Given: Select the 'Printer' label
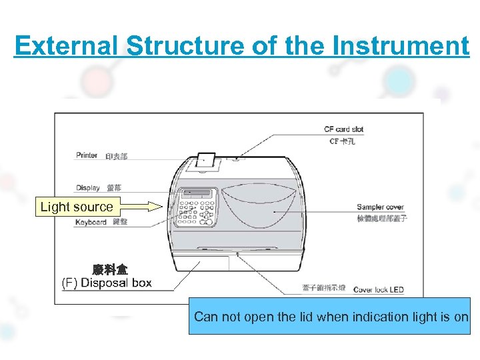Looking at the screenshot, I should pos(87,155).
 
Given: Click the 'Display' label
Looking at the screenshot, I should pos(87,188).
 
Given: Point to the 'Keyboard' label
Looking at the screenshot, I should pos(91,222).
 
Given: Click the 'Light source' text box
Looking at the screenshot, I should pos(77,207).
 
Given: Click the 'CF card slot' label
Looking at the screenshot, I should pos(343,129).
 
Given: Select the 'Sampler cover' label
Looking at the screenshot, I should pos(380,207).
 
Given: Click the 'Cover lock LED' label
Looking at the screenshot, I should pos(378,290).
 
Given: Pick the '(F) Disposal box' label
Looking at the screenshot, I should pos(107,283).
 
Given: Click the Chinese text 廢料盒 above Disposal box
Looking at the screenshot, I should pos(110,269).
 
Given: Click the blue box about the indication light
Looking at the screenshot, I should pos(330,316).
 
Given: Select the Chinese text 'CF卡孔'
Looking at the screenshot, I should pos(343,141).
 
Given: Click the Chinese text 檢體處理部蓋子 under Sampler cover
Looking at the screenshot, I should pos(382,218).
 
